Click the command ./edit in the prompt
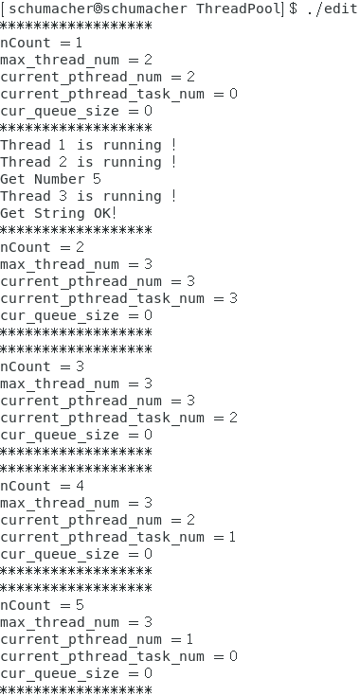333,9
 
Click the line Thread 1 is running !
89,145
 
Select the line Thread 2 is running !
89,162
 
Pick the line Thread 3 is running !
89,196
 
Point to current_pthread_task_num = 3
118,298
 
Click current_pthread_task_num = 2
118,418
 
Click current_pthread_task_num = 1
118,537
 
